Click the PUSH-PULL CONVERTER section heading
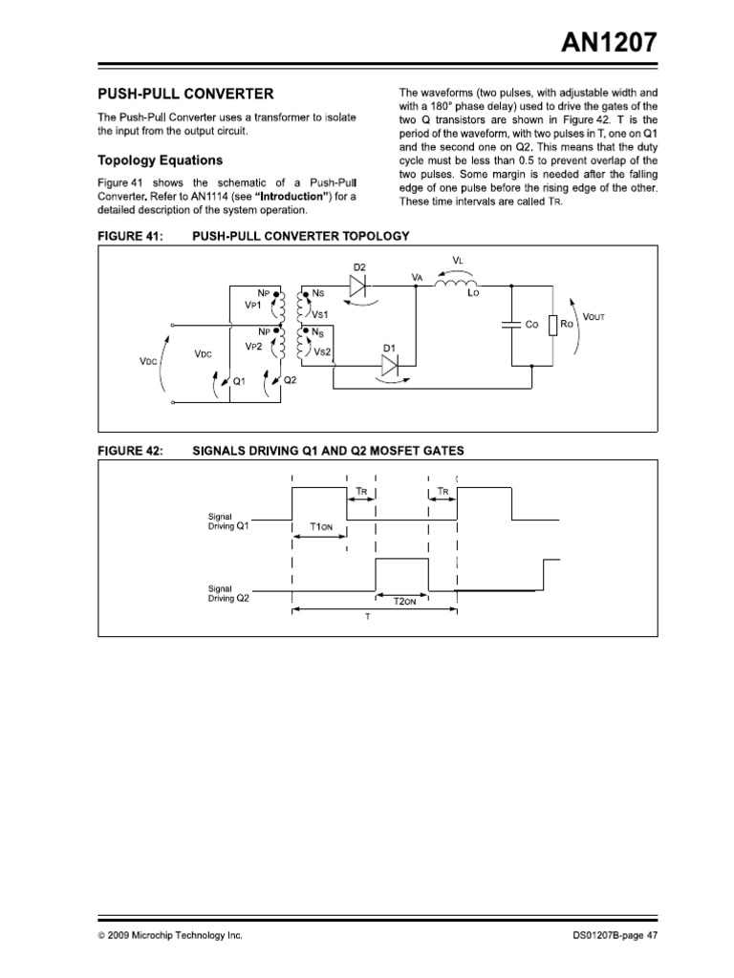pos(186,94)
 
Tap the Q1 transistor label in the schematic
pos(239,379)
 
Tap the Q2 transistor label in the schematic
pos(291,379)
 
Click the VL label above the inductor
pos(457,260)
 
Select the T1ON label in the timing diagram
pos(320,526)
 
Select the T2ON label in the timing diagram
pos(405,603)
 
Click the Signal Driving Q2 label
pos(229,593)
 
